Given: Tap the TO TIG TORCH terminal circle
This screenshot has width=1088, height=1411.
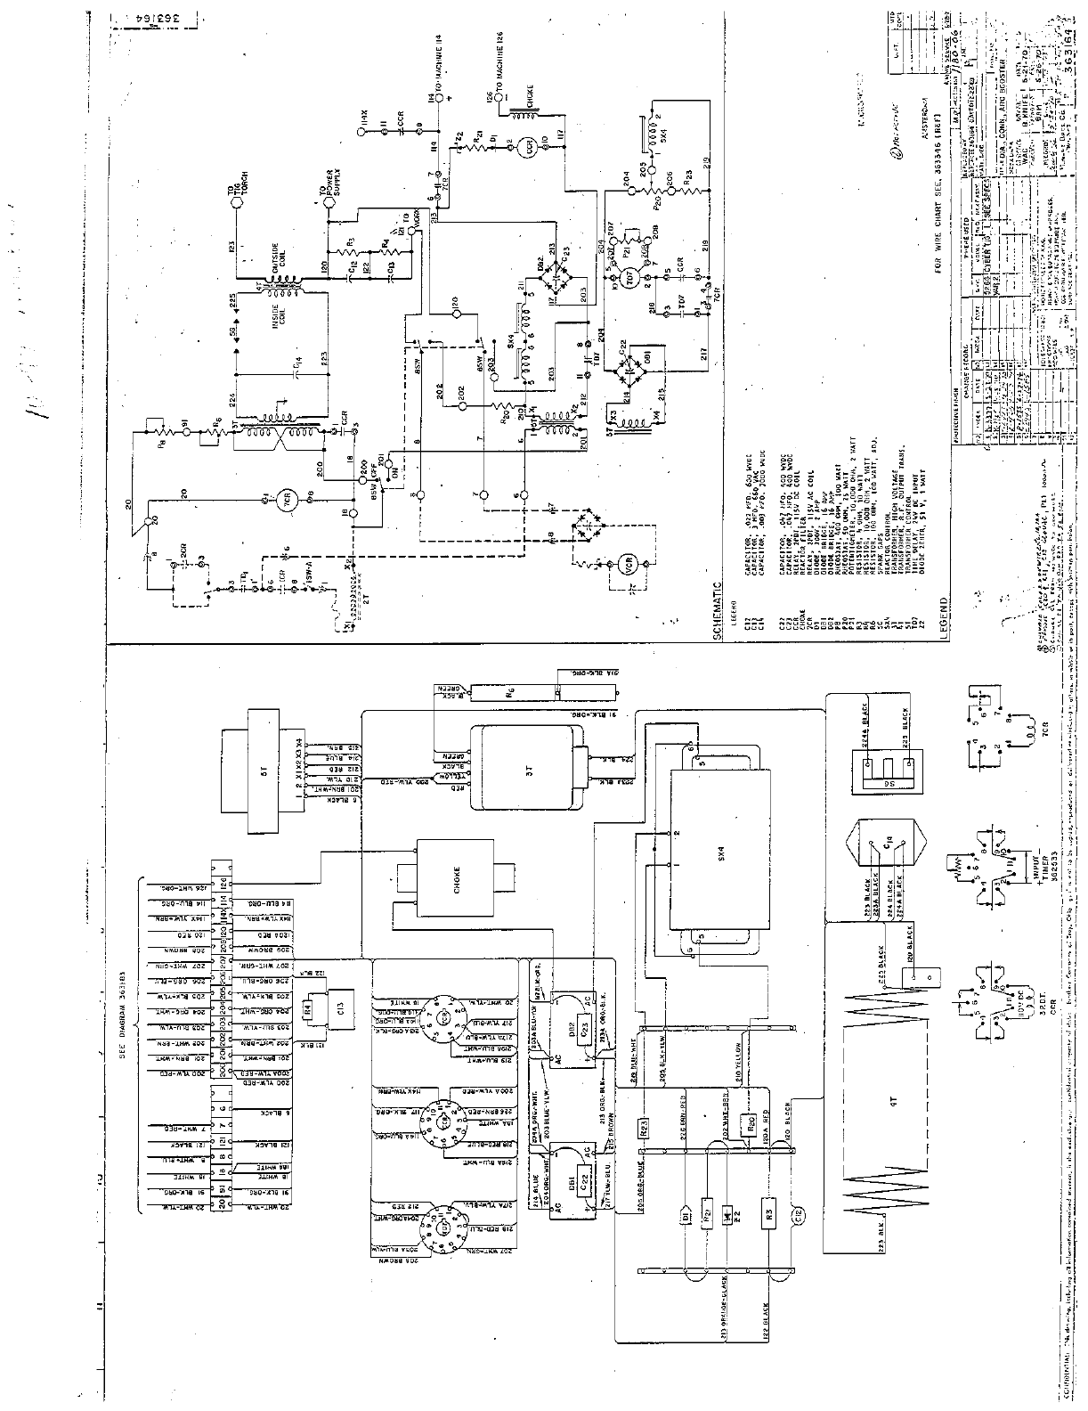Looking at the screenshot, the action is pos(237,202).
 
